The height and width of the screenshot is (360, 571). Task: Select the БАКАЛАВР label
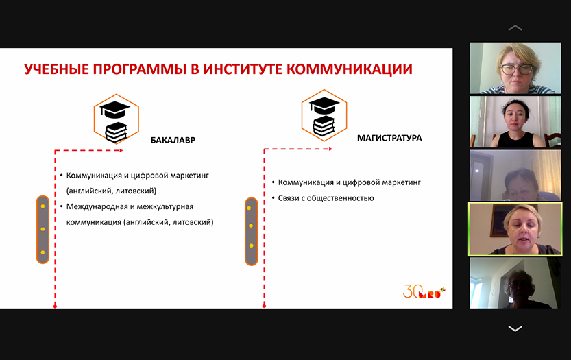tap(173, 141)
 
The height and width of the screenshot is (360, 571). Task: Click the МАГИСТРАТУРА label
tap(389, 138)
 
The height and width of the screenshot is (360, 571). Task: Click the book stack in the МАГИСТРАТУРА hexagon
tap(324, 125)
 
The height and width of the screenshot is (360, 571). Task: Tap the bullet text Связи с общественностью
tap(326, 198)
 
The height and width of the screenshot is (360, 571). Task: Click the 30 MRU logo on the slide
tap(424, 291)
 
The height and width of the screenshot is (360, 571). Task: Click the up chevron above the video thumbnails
tap(515, 28)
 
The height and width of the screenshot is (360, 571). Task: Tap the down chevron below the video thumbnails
tap(515, 328)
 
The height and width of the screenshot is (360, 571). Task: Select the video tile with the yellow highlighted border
tap(515, 229)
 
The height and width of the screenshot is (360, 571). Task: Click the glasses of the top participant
tap(517, 69)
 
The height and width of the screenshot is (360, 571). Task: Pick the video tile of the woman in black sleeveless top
tap(515, 121)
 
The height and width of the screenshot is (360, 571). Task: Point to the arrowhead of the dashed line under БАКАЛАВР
tap(121, 150)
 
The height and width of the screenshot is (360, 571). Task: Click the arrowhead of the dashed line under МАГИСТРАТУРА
tap(330, 149)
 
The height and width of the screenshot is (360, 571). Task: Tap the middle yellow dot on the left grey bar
tap(42, 229)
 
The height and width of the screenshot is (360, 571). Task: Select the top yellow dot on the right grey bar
tap(249, 208)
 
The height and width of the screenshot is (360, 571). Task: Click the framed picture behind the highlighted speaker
tap(499, 221)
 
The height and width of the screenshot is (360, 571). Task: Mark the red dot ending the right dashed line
tap(264, 306)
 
